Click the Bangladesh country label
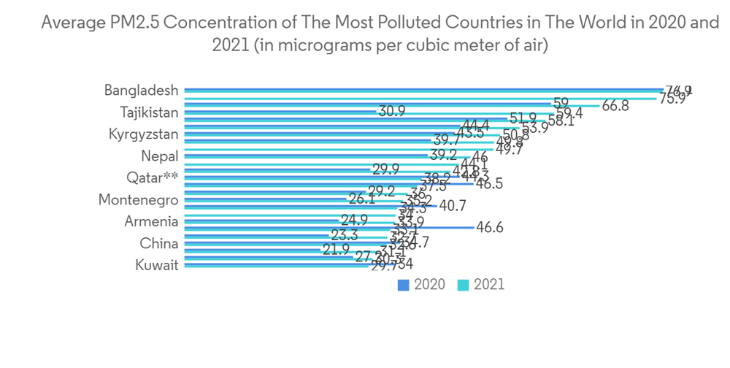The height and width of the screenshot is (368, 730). tap(141, 91)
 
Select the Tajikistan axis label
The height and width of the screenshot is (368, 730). tap(149, 112)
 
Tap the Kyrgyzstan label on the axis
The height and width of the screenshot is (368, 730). tap(143, 134)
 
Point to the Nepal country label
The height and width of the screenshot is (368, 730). tap(160, 156)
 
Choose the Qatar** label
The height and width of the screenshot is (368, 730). tap(153, 178)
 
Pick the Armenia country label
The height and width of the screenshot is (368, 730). tap(152, 222)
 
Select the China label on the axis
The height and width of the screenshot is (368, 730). tap(159, 244)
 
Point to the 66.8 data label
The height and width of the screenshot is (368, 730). tap(615, 106)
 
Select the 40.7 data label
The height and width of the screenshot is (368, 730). tap(453, 207)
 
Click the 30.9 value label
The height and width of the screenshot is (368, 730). tap(391, 112)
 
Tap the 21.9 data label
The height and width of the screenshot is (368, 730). tap(336, 249)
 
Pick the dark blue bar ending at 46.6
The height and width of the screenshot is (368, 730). tap(328, 227)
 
